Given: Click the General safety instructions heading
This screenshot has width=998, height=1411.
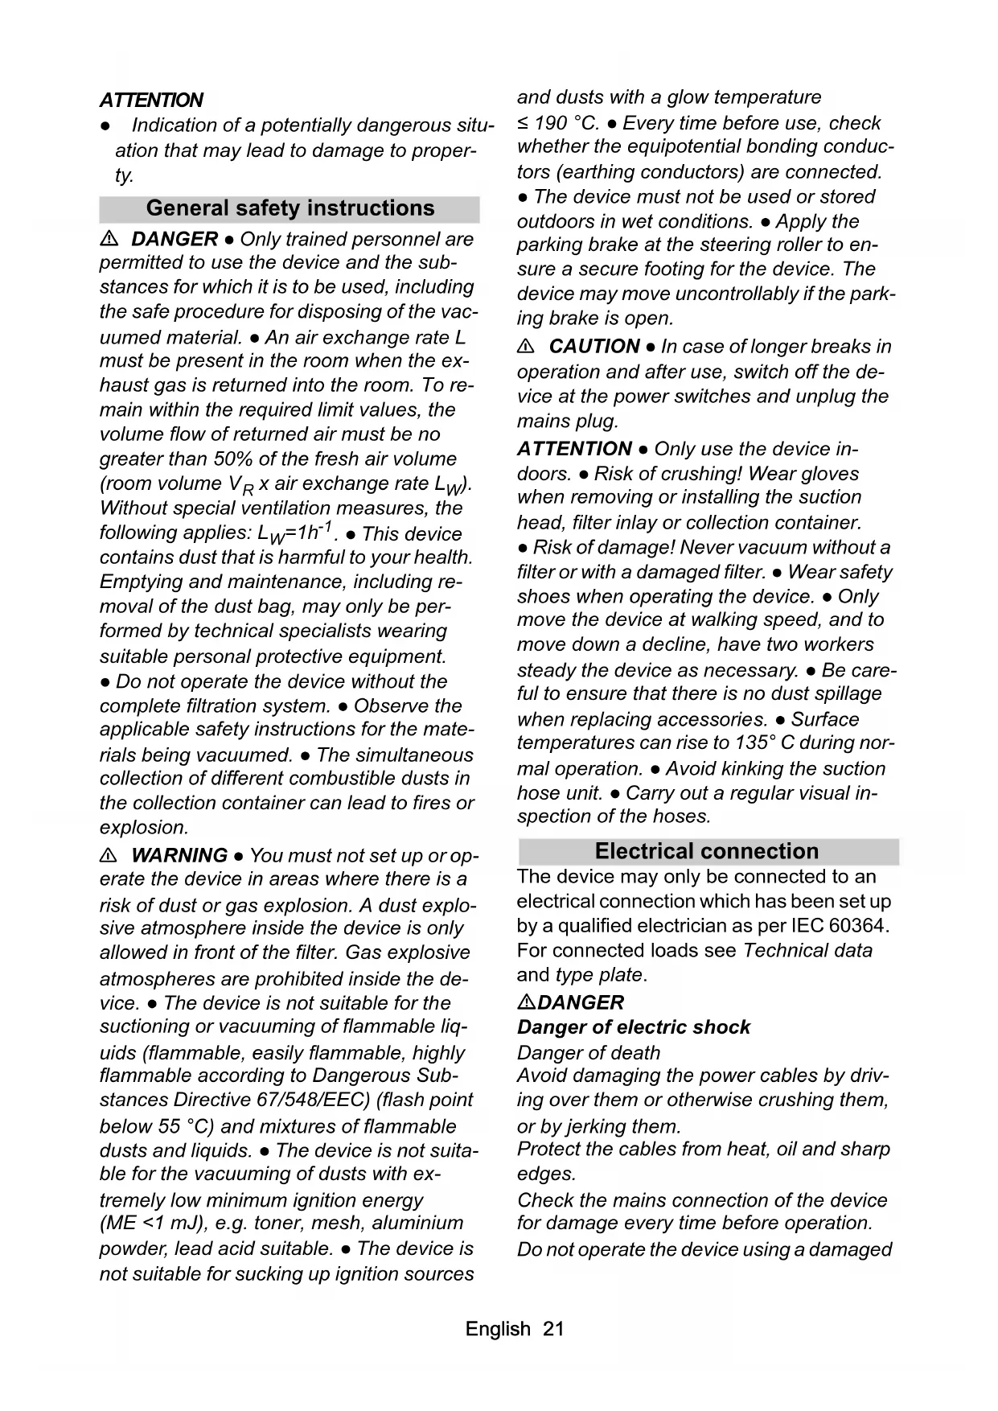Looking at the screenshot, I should tap(290, 208).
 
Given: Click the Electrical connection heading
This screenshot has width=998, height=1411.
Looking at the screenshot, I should tap(706, 851).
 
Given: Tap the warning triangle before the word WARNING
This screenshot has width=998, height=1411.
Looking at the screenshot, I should tap(110, 856).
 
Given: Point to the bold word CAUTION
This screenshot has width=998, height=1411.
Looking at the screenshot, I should tap(594, 347).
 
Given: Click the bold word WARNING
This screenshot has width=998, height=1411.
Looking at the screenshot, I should tap(179, 856).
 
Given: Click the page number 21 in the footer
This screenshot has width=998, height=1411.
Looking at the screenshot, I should tap(553, 1329).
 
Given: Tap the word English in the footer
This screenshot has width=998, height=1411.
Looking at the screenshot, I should tap(497, 1329).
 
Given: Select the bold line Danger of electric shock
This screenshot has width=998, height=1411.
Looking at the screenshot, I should tap(633, 1027).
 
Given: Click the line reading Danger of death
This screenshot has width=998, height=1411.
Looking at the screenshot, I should tap(588, 1052).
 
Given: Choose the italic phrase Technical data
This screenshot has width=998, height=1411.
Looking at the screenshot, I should tap(807, 951).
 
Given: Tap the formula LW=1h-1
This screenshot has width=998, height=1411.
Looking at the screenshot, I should tap(292, 533).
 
